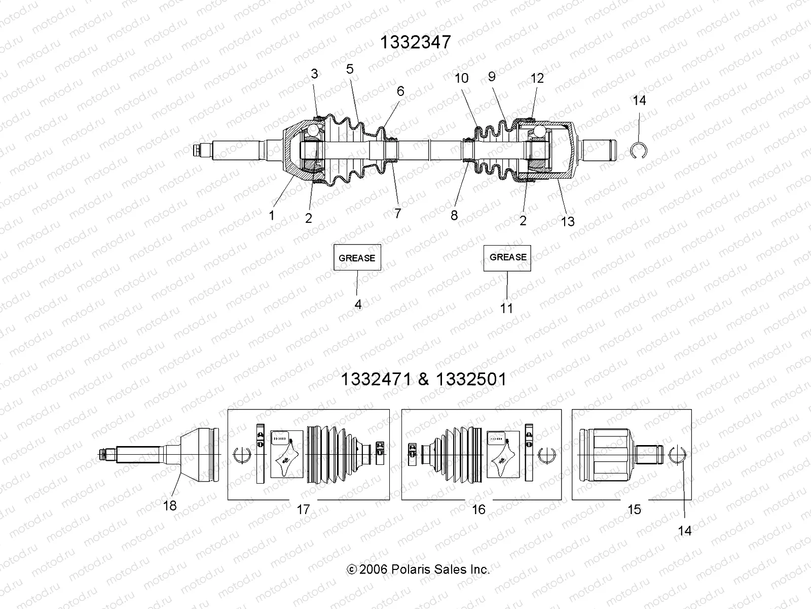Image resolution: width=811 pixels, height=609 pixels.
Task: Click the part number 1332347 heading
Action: pyautogui.click(x=415, y=42)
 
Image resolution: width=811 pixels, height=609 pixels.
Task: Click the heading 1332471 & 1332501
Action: pyautogui.click(x=423, y=379)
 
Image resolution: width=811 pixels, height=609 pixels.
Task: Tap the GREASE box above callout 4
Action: pyautogui.click(x=357, y=257)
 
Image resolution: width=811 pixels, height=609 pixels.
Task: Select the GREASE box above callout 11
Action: pyautogui.click(x=507, y=257)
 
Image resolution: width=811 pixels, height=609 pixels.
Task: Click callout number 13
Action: pyautogui.click(x=568, y=221)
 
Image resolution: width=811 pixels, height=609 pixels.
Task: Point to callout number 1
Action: pyautogui.click(x=272, y=215)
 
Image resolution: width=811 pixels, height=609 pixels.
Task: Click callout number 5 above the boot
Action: pyautogui.click(x=350, y=69)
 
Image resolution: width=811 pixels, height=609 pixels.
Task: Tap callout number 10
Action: pyautogui.click(x=462, y=78)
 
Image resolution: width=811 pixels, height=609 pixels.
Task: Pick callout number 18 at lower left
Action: pyautogui.click(x=170, y=505)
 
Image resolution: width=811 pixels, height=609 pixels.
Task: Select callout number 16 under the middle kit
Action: pyautogui.click(x=478, y=509)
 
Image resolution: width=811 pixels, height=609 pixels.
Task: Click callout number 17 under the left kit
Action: pyautogui.click(x=303, y=509)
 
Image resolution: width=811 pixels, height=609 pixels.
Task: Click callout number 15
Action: pyautogui.click(x=634, y=509)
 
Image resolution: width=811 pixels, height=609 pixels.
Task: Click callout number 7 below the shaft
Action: pyautogui.click(x=398, y=213)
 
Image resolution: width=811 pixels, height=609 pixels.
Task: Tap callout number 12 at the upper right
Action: pyautogui.click(x=537, y=78)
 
